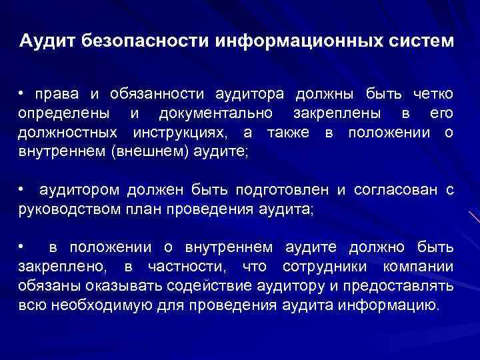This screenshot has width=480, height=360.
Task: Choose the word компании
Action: coord(419,267)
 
